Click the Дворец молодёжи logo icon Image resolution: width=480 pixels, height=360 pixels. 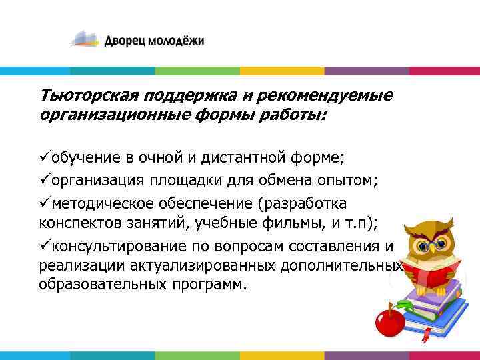(x=85, y=39)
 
